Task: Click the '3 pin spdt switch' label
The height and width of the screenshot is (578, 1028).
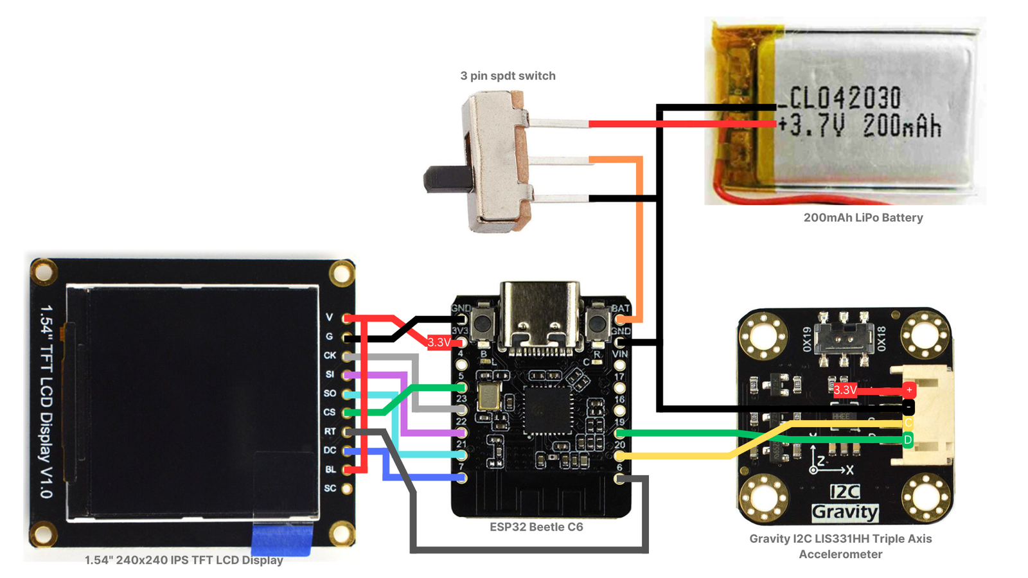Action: (508, 76)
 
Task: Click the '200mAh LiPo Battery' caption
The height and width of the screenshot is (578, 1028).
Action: (863, 218)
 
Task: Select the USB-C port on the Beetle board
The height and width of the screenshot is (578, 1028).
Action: (539, 317)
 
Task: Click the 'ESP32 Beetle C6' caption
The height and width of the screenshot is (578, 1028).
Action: (536, 527)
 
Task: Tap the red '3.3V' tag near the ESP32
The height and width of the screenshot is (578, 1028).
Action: (439, 342)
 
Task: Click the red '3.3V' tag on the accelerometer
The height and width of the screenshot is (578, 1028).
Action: (845, 390)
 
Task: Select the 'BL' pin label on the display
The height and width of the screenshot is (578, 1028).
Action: (330, 469)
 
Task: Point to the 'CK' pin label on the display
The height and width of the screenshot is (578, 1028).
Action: (330, 355)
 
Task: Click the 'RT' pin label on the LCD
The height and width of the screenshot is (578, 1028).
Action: (330, 432)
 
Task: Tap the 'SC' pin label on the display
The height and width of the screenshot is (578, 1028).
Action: (330, 489)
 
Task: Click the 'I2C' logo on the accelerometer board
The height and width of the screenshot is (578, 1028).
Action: (844, 492)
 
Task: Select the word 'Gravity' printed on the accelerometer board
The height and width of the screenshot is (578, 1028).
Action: (844, 512)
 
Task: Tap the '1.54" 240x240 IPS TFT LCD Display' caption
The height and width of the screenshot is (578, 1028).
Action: (184, 561)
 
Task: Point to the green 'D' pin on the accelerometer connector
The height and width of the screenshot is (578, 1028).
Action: (908, 440)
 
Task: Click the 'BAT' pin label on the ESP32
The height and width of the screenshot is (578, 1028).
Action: (620, 309)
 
